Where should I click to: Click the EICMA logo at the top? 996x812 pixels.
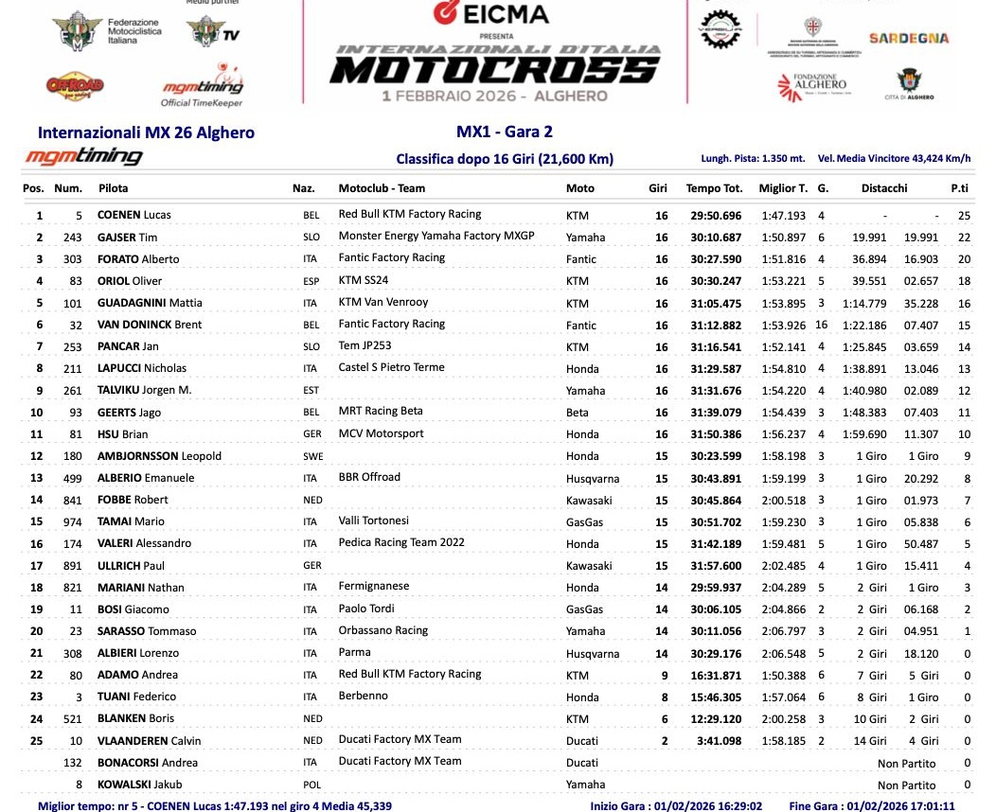point(490,13)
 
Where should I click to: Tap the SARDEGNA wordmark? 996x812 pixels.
point(908,39)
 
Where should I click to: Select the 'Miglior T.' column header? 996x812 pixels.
point(783,188)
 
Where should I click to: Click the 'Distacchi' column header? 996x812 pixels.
point(884,188)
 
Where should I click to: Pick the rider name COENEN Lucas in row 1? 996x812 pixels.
point(134,215)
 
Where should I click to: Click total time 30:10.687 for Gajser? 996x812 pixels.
point(714,237)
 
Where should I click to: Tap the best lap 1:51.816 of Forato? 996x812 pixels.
point(783,258)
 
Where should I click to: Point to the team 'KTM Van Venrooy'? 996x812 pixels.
point(382,302)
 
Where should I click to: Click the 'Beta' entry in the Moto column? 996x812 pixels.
point(577,413)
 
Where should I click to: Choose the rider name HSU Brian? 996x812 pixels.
point(122,434)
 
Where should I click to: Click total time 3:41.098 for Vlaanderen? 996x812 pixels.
point(719,741)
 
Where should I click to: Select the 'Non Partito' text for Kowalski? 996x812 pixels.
point(906,785)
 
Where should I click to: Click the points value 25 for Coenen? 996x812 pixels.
point(965,215)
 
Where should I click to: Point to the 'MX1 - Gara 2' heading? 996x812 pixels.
point(496,132)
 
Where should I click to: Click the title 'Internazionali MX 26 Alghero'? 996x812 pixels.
point(146,132)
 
